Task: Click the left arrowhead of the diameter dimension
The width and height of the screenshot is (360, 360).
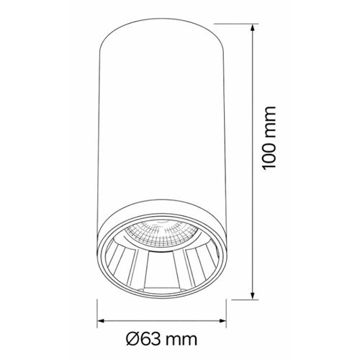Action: tap(101, 320)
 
